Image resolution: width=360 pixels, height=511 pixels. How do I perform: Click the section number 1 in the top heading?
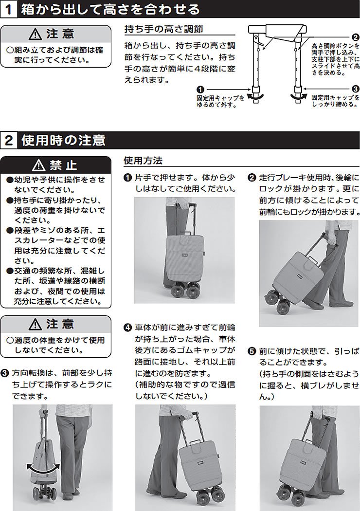pyautogui.click(x=10, y=9)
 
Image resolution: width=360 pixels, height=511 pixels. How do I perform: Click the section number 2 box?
pyautogui.click(x=10, y=141)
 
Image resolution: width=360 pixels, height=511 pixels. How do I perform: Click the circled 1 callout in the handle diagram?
pyautogui.click(x=200, y=89)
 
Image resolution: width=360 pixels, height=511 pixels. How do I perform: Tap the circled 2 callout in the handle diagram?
pyautogui.click(x=355, y=37)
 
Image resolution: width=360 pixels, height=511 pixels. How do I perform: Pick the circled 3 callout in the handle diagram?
pyautogui.click(x=355, y=89)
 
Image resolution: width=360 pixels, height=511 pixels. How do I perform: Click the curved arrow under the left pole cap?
pyautogui.click(x=255, y=98)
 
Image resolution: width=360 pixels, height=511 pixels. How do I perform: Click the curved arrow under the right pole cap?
pyautogui.click(x=298, y=98)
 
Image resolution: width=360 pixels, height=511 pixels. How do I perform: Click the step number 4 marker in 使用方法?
pyautogui.click(x=128, y=327)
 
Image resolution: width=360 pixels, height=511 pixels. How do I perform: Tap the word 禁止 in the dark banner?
pyautogui.click(x=63, y=164)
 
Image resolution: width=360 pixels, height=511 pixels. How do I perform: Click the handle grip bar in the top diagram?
pyautogui.click(x=280, y=29)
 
